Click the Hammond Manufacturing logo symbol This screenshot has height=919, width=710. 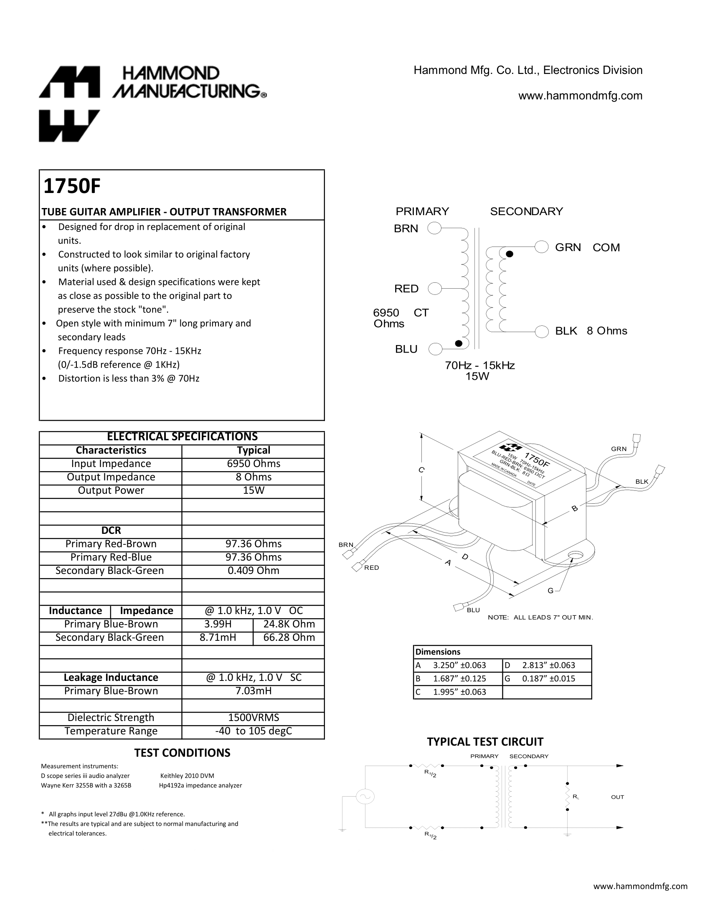(x=69, y=104)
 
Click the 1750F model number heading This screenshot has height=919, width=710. (x=72, y=186)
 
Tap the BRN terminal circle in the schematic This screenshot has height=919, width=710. (x=434, y=228)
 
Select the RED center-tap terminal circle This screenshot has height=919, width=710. (x=434, y=289)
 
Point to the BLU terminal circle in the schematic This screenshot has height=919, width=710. (x=435, y=349)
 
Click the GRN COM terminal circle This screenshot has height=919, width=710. (x=542, y=247)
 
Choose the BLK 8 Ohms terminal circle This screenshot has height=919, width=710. (x=542, y=331)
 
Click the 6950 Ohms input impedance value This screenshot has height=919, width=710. (x=253, y=464)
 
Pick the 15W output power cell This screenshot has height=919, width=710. (x=253, y=490)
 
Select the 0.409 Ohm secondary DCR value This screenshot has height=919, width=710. (x=253, y=571)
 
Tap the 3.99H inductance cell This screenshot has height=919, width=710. (x=218, y=624)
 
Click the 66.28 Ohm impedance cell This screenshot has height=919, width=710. (x=289, y=637)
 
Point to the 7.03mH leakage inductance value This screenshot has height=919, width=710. (x=253, y=691)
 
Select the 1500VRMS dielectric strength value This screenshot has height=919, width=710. (x=253, y=717)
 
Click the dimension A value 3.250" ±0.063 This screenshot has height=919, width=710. (x=459, y=665)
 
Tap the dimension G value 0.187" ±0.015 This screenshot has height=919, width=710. (x=548, y=678)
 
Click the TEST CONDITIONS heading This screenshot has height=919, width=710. (x=182, y=753)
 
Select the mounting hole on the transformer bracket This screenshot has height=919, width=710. (x=574, y=557)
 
